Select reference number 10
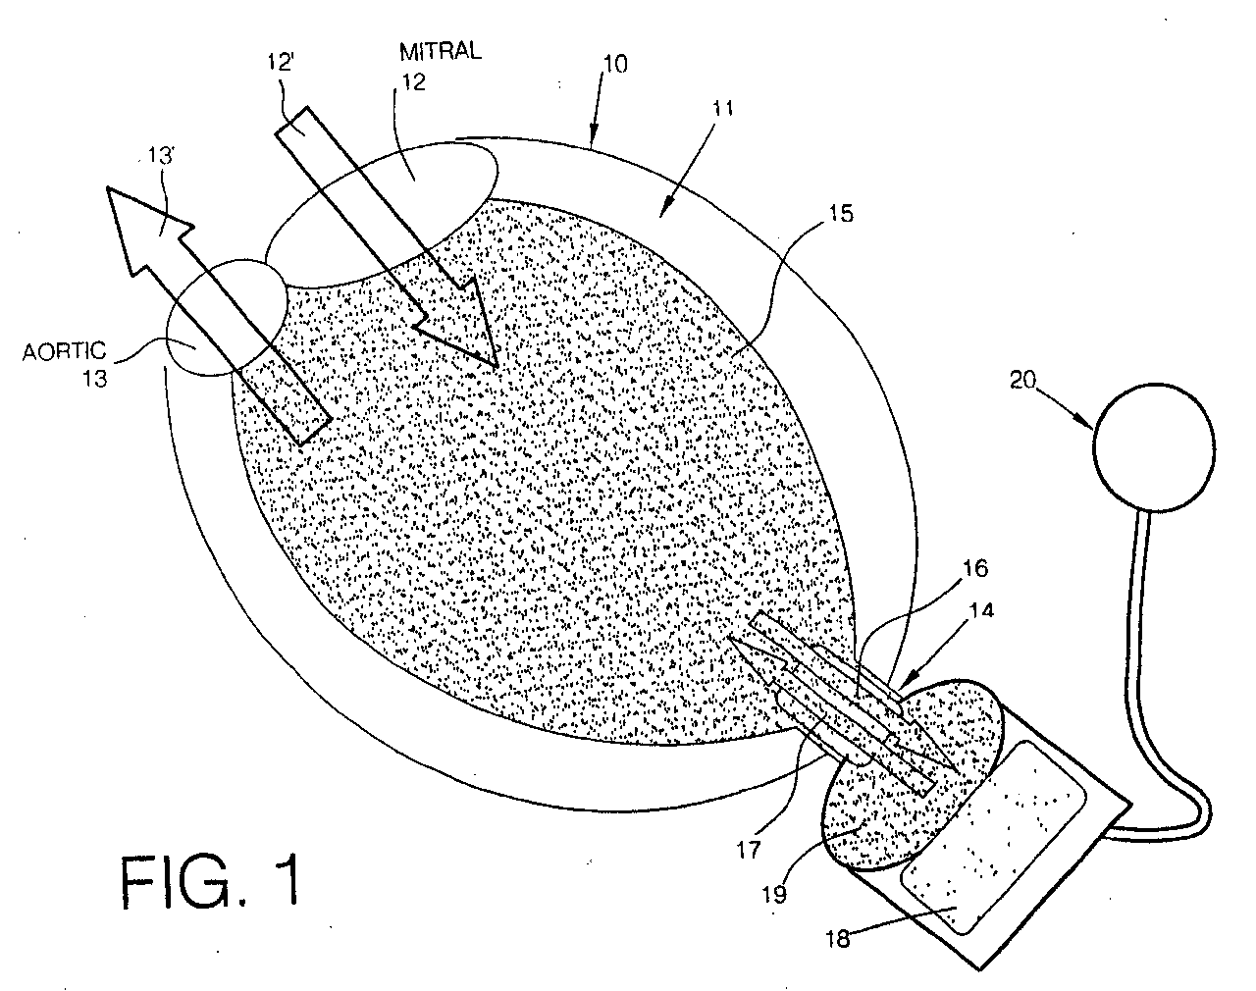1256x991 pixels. point(616,66)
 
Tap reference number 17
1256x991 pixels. point(748,849)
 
